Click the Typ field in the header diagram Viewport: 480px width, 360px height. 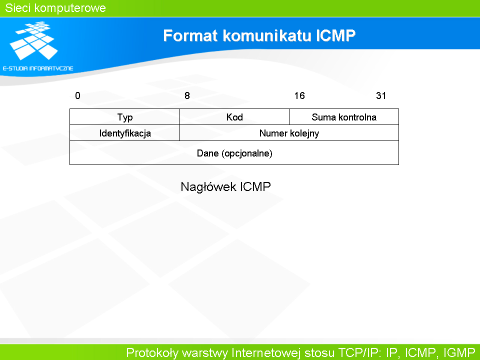pos(125,117)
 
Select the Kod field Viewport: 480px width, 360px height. pos(234,117)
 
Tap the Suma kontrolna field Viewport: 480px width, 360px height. pos(344,117)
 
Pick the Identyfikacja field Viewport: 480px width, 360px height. pos(125,133)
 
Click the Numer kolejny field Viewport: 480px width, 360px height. pos(289,133)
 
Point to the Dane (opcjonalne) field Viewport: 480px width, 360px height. pos(234,153)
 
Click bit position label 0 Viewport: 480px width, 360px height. pos(78,96)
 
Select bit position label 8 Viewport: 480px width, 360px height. pos(187,96)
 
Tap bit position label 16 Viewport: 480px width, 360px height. pos(299,96)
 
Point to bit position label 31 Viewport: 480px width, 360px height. pos(381,96)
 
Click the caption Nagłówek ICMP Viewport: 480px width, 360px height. pos(225,186)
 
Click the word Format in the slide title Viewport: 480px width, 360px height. pos(190,35)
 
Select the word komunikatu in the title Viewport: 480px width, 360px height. pos(266,35)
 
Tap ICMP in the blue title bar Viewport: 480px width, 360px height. pos(335,35)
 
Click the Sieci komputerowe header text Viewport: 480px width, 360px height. pos(55,8)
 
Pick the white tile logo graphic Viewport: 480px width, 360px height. pos(34,40)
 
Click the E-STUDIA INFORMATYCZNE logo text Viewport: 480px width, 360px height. pos(38,68)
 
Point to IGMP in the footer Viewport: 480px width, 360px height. pos(459,352)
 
